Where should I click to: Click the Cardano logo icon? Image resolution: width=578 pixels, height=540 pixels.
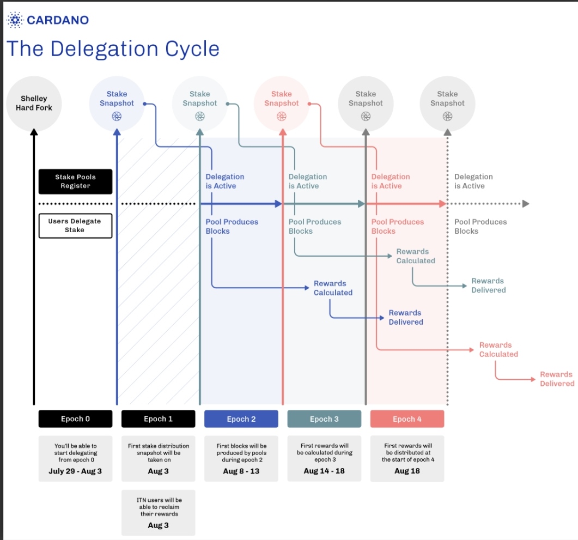click(14, 21)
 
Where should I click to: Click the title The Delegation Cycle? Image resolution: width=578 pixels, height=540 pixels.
click(113, 49)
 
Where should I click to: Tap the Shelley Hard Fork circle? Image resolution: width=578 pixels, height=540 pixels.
click(34, 103)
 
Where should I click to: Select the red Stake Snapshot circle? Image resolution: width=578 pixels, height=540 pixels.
click(282, 103)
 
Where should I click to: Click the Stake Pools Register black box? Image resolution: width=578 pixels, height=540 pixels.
click(75, 181)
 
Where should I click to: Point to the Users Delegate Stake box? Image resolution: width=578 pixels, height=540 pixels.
click(75, 226)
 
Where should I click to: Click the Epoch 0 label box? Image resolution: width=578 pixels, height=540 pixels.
click(75, 419)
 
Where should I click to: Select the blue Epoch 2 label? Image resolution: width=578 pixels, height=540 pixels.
click(241, 419)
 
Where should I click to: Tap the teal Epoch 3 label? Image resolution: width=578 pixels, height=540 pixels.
click(324, 419)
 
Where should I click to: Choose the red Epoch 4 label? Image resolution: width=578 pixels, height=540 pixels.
click(407, 419)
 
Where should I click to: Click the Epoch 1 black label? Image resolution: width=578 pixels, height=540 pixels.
click(158, 419)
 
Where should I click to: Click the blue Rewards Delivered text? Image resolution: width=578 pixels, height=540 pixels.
click(405, 318)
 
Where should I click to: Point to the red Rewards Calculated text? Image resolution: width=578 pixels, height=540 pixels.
click(498, 350)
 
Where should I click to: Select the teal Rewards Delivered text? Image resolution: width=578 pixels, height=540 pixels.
click(488, 286)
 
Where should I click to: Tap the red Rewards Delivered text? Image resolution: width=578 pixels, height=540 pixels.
click(557, 379)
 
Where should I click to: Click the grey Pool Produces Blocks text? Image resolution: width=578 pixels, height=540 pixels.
click(480, 227)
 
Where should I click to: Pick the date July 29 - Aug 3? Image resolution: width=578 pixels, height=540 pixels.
click(75, 471)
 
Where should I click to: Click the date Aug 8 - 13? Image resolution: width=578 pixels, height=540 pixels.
click(241, 471)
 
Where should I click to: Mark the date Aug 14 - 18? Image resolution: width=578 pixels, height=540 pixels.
click(324, 471)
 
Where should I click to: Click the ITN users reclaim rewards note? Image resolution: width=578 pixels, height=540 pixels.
click(158, 512)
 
